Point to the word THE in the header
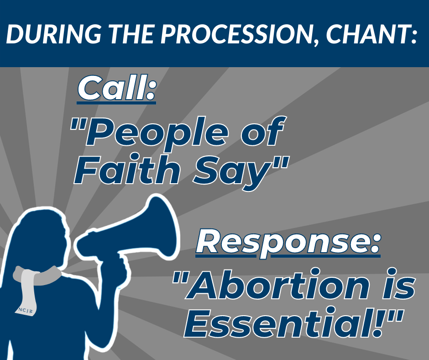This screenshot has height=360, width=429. [x=131, y=35]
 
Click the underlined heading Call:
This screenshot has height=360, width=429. [x=116, y=89]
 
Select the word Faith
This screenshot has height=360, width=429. [x=127, y=169]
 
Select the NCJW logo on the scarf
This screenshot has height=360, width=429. [x=26, y=311]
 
